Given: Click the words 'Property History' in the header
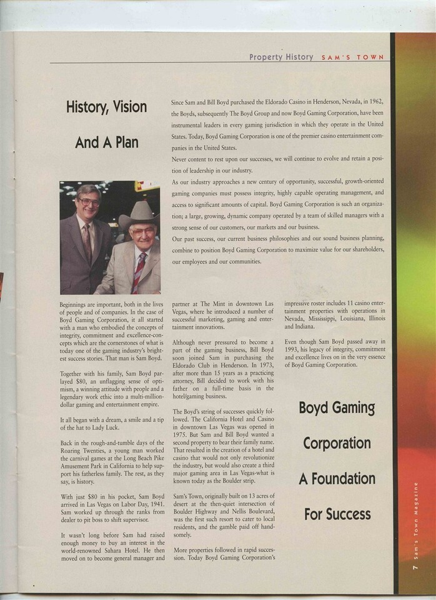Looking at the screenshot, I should coord(281,57).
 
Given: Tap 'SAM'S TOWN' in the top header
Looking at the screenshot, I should coord(353,57).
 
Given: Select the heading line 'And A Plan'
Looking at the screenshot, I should coord(106,142).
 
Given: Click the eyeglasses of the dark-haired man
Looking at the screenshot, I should coord(89,202).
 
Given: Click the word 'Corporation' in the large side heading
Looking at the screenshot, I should coord(337,443).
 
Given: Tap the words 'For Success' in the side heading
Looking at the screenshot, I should coord(337,515).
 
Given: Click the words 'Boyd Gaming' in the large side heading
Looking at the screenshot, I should coord(337,408).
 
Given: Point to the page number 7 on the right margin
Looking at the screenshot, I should coord(415,567).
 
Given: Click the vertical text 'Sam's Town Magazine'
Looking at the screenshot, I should coord(415,524).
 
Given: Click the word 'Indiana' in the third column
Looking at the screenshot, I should coord(297,326).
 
